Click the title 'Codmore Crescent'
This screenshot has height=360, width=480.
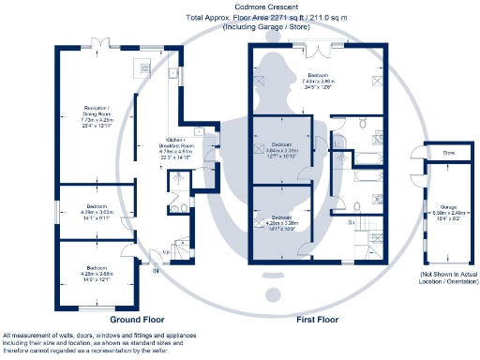(240, 7)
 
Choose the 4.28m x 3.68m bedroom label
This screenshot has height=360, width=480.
(96, 274)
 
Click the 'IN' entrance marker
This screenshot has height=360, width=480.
(156, 272)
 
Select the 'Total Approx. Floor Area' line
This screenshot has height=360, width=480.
(240, 18)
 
